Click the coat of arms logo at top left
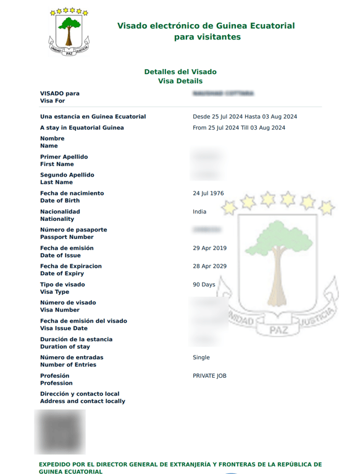(69, 31)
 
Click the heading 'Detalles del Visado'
(180, 72)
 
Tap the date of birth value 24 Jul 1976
(208, 193)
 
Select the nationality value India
(199, 212)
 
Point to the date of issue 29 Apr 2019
(209, 248)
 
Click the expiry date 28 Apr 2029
(209, 266)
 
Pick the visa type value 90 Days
(204, 285)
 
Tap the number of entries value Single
(201, 357)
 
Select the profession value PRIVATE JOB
(209, 375)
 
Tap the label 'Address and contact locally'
(82, 401)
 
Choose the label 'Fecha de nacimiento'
(72, 193)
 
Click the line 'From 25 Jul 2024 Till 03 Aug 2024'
(239, 128)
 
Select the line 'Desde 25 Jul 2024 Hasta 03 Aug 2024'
(245, 117)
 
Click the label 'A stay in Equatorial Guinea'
(82, 128)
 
